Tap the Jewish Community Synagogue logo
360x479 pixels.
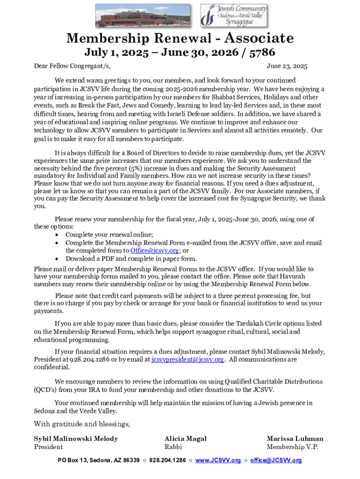coord(233,15)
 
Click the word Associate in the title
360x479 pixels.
coord(253,38)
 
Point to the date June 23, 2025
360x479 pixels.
coord(287,66)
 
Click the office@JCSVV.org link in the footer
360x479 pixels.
coord(276,460)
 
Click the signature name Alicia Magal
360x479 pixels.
coord(186,439)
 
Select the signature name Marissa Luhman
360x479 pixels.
coord(295,439)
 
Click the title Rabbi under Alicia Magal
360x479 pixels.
coord(173,447)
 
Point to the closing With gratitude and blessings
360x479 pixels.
coord(82,424)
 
